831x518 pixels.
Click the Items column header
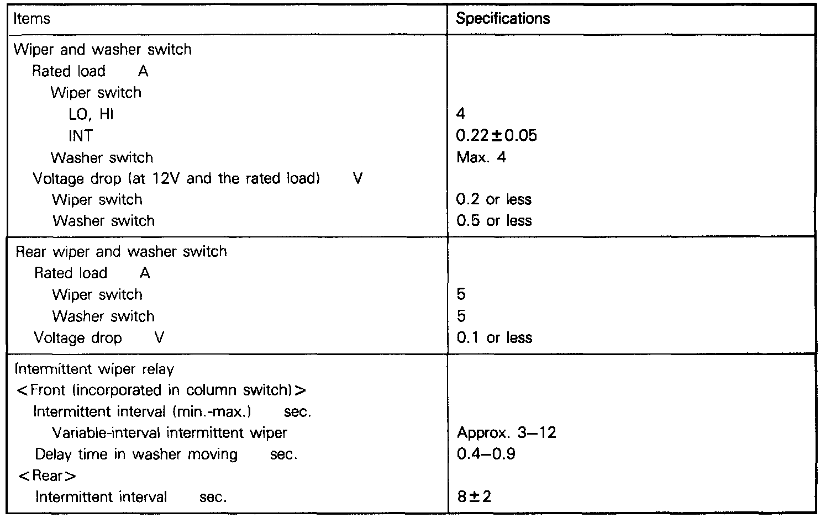[31, 19]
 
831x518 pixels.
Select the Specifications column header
[503, 19]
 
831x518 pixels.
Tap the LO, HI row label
[91, 114]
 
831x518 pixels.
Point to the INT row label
[81, 136]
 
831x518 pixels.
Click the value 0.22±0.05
[497, 136]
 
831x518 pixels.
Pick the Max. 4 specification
[481, 157]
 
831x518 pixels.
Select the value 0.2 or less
[494, 199]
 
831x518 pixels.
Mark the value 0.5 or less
[494, 221]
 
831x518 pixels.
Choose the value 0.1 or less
[494, 338]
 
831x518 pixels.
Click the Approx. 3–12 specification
[506, 432]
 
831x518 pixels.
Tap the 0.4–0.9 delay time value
[486, 454]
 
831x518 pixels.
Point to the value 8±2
[474, 496]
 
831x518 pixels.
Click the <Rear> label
[47, 475]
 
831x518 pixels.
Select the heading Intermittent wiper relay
[94, 369]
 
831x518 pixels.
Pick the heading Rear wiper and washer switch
[121, 252]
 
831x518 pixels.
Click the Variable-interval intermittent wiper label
[170, 432]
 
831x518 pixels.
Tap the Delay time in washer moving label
[136, 454]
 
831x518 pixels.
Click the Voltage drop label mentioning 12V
[177, 179]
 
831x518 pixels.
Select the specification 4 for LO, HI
[461, 114]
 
